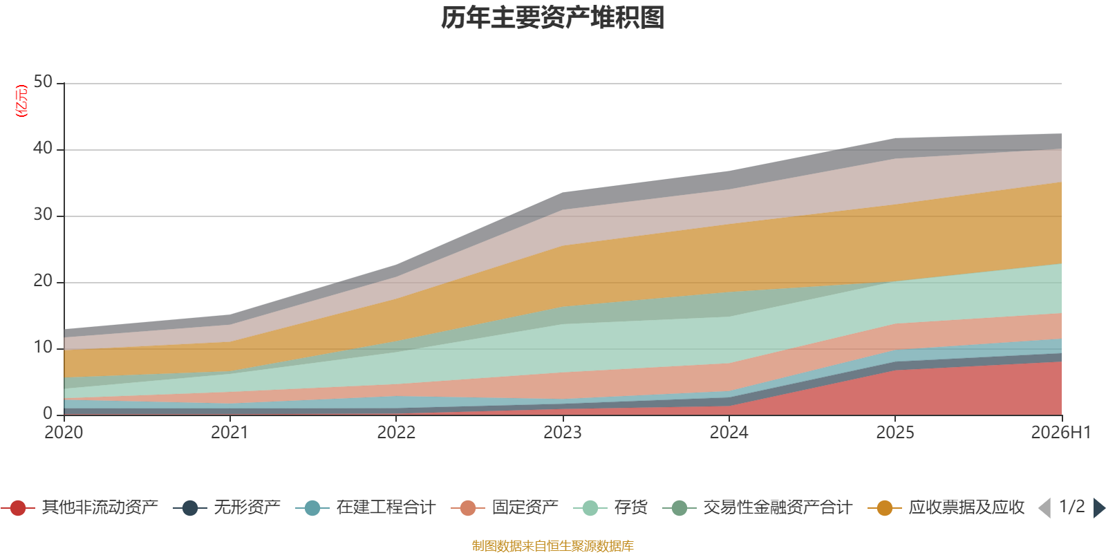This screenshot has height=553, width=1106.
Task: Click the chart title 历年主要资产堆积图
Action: tap(552, 18)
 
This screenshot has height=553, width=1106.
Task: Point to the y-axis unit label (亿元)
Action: tap(21, 101)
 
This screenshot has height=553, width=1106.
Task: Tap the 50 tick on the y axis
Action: tap(43, 82)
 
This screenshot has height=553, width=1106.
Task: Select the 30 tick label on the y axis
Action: tap(43, 215)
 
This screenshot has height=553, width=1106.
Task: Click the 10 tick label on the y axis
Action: tap(43, 348)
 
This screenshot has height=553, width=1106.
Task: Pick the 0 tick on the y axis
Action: tap(48, 413)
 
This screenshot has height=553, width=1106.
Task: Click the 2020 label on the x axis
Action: tap(64, 433)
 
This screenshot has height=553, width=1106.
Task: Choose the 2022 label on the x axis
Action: tap(396, 433)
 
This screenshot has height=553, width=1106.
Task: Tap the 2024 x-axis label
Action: tap(729, 433)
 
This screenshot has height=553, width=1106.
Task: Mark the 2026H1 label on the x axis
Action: tap(1060, 433)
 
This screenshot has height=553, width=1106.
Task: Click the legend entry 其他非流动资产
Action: tap(79, 507)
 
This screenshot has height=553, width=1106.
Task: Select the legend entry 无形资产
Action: tap(227, 507)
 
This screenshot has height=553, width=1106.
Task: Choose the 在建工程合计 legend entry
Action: tap(366, 507)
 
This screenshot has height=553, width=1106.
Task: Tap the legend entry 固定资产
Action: tap(505, 507)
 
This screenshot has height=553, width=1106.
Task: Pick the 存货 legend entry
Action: tap(610, 507)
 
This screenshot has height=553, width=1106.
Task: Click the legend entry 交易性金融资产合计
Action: tap(758, 507)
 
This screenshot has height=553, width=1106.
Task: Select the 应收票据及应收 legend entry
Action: tap(946, 507)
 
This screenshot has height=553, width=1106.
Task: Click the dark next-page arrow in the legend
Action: tap(1099, 508)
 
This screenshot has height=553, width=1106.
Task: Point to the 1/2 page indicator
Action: tap(1072, 507)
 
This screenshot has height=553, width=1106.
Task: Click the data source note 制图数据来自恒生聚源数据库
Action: tap(552, 545)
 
